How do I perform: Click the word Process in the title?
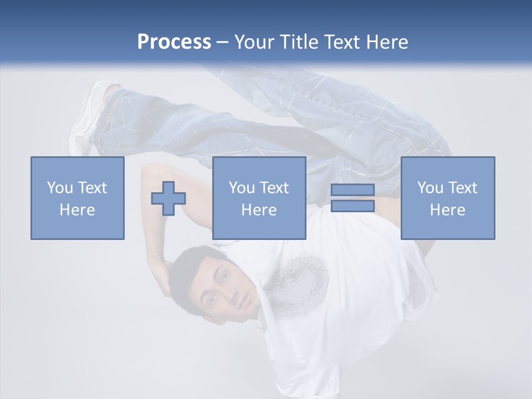[x=174, y=42]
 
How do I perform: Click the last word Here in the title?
[x=387, y=42]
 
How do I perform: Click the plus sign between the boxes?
[x=168, y=198]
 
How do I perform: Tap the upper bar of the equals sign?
[x=352, y=190]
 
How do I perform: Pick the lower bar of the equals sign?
[x=352, y=206]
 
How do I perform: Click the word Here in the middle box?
[x=259, y=210]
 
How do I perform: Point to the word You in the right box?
[x=430, y=188]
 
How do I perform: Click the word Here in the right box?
[x=447, y=210]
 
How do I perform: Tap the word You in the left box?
[x=60, y=188]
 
